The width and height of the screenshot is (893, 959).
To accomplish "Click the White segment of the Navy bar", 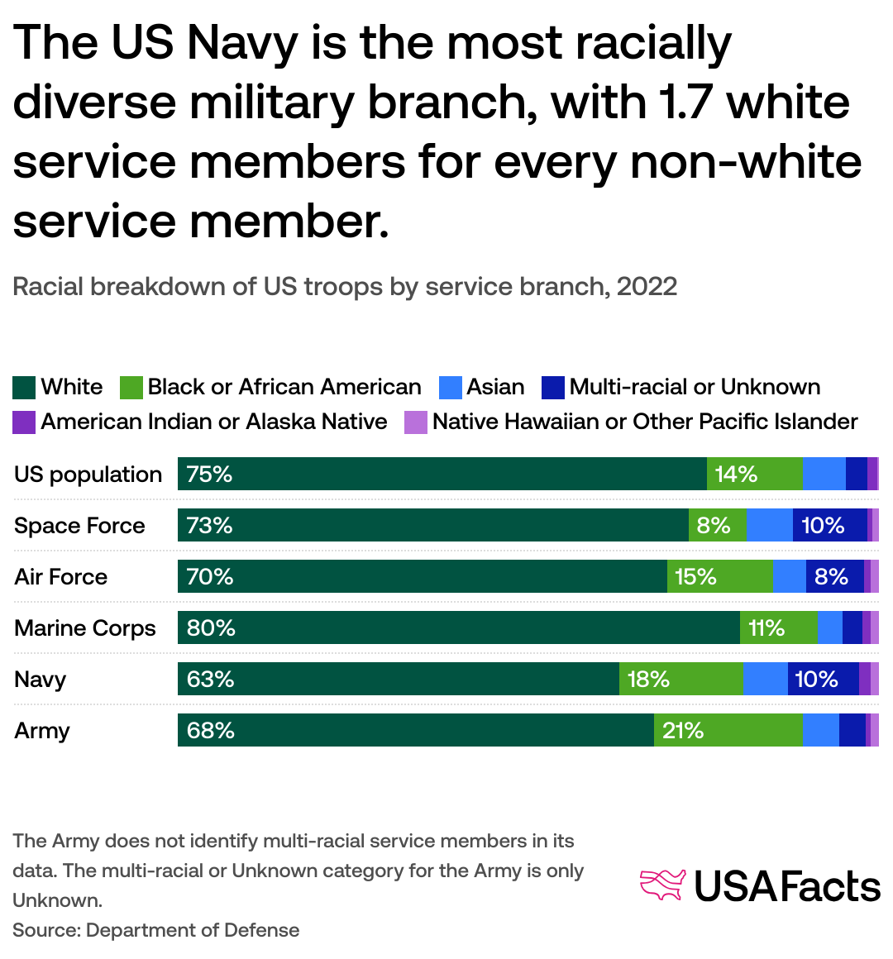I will point(398,679).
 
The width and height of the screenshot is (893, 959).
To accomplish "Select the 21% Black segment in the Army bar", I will point(728,730).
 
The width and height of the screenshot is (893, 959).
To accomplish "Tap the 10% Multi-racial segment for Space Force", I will point(829,525).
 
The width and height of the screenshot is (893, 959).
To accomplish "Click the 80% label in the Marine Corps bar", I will point(211,627).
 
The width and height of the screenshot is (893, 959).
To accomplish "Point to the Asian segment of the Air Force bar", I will point(789,576).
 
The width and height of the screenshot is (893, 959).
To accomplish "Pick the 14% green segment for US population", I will point(754,474).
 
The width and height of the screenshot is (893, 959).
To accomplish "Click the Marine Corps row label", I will point(85,627).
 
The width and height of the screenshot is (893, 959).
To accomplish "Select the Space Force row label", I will point(79,525).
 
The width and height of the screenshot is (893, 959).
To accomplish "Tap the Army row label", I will point(42,730).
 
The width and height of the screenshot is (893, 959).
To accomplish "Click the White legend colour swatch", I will point(24,387).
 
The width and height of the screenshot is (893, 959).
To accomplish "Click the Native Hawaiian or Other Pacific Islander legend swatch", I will point(415,422).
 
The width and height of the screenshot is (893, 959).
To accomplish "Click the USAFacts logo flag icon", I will point(663,885).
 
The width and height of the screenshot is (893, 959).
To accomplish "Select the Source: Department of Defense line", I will point(156,930).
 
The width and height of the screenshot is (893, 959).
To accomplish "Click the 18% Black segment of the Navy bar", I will point(680,679).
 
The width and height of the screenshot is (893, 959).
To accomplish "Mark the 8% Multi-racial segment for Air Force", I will point(834,576).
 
